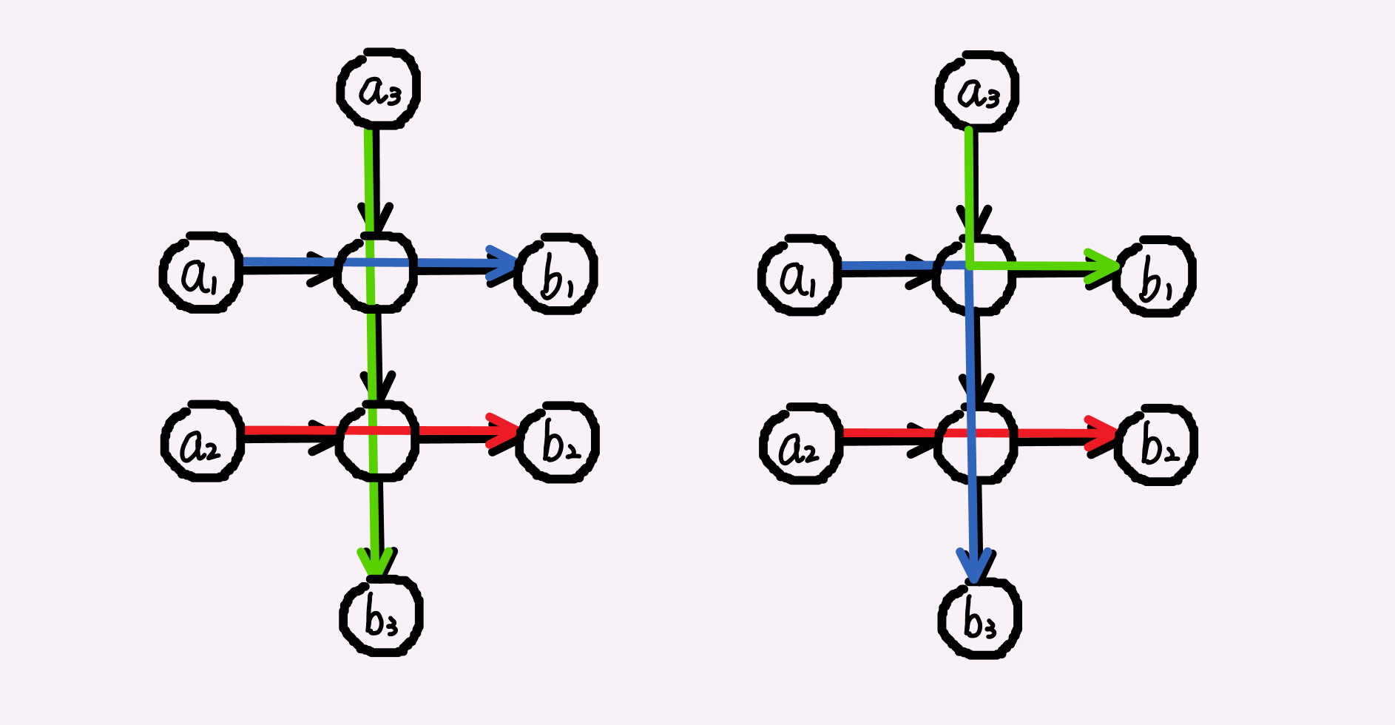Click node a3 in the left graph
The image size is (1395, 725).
click(379, 89)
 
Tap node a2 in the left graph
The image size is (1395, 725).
click(202, 442)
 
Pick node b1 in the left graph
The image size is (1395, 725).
click(557, 274)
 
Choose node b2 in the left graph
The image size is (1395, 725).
click(558, 442)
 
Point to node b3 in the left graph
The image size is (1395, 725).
click(381, 616)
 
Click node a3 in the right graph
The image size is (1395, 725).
click(977, 92)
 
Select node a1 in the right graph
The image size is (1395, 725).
click(800, 276)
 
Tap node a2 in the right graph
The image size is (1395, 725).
click(801, 445)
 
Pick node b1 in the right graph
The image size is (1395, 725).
click(1155, 277)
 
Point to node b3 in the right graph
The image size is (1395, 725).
click(979, 618)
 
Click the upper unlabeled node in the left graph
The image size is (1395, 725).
click(375, 272)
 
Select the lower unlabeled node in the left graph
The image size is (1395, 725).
click(376, 441)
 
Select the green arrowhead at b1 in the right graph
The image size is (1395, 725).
click(1105, 265)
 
